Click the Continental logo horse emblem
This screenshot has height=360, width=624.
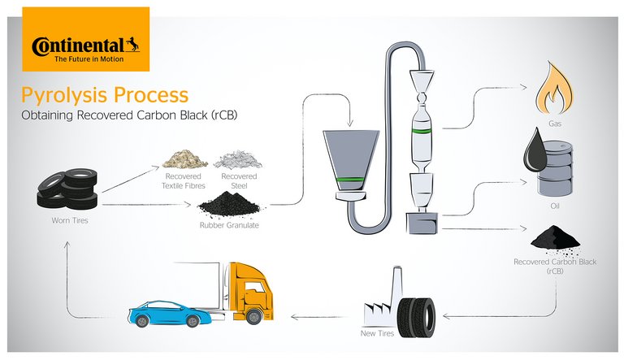(132, 43)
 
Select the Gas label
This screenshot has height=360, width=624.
(556, 125)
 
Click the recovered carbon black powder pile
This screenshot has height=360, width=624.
(556, 238)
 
